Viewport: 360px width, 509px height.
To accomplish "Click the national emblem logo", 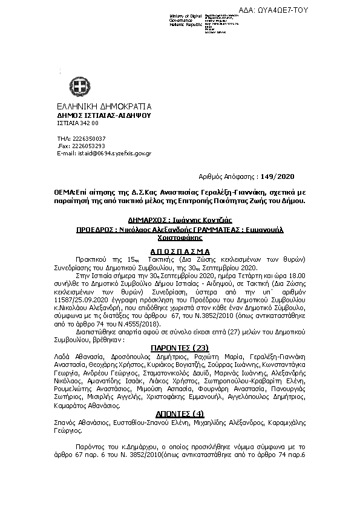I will (81, 84).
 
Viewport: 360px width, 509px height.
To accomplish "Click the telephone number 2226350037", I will (88, 139).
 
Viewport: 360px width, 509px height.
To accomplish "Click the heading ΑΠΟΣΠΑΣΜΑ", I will (180, 250).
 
